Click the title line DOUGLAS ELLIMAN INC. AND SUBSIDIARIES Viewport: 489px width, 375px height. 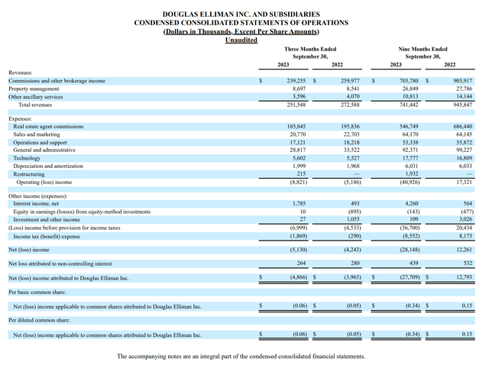(241, 15)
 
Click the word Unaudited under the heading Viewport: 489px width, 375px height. (241, 40)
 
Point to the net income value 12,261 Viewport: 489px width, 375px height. (462, 249)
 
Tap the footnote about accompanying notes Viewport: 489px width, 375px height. (241, 357)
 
